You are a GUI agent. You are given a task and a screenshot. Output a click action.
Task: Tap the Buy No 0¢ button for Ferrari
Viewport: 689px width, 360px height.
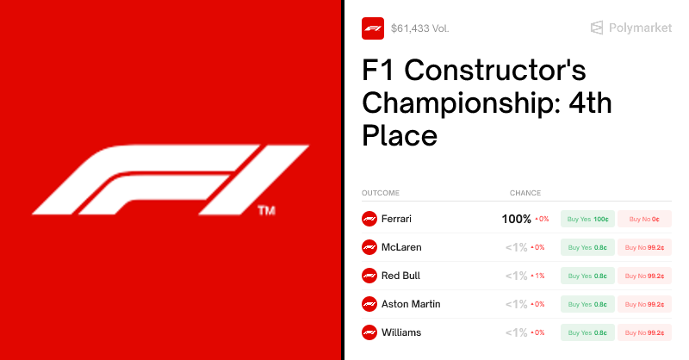(644, 219)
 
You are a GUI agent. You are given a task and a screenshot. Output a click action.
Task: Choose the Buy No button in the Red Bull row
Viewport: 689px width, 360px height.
(644, 276)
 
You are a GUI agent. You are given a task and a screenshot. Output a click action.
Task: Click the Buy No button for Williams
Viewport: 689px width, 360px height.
(644, 332)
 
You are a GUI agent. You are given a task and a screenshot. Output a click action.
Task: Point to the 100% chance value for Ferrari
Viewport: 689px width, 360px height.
(517, 219)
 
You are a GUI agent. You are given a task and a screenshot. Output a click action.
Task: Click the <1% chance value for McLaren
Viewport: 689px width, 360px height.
(517, 247)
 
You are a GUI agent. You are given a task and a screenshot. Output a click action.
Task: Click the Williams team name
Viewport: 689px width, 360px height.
(400, 332)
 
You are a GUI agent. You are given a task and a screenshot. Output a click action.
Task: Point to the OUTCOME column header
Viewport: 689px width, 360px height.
(381, 193)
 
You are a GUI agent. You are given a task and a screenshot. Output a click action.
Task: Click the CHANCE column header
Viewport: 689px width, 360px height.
(525, 193)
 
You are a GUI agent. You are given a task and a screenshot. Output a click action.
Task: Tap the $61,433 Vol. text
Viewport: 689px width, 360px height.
(419, 28)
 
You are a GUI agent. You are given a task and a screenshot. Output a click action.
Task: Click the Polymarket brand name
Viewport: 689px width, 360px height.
(640, 28)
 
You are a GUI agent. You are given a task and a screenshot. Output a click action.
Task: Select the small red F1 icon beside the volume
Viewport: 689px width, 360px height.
(373, 28)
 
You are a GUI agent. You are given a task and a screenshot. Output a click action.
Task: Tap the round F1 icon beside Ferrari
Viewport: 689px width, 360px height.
(369, 219)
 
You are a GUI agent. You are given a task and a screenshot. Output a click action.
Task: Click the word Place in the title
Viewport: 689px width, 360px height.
(400, 135)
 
